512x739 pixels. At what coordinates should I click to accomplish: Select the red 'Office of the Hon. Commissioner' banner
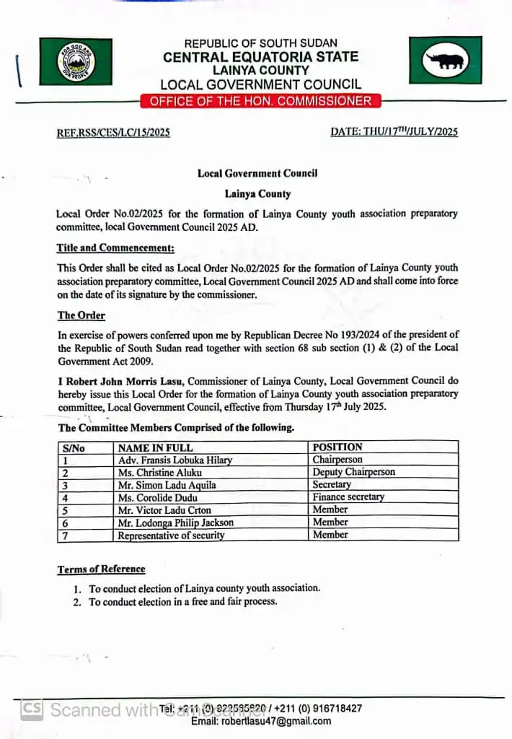[260, 101]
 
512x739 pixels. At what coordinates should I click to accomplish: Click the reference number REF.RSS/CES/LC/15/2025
[113, 133]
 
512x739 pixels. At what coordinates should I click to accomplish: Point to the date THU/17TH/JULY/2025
[394, 132]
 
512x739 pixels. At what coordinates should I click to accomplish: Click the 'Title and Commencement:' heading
[115, 248]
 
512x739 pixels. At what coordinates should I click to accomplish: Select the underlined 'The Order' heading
[81, 315]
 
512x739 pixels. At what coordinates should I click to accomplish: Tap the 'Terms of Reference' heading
[101, 569]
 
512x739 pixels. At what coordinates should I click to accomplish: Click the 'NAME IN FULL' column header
[155, 447]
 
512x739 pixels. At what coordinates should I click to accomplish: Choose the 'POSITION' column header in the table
[337, 447]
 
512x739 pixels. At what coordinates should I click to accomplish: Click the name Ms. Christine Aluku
[159, 473]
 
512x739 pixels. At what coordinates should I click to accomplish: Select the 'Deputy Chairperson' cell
[353, 472]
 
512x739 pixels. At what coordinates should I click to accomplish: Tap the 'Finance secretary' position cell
[348, 497]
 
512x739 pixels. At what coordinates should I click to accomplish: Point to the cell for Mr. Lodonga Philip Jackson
[176, 522]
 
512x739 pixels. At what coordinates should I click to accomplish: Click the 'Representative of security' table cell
[171, 535]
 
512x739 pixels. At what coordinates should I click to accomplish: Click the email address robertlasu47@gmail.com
[261, 721]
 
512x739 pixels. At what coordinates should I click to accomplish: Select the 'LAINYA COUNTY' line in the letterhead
[260, 71]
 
